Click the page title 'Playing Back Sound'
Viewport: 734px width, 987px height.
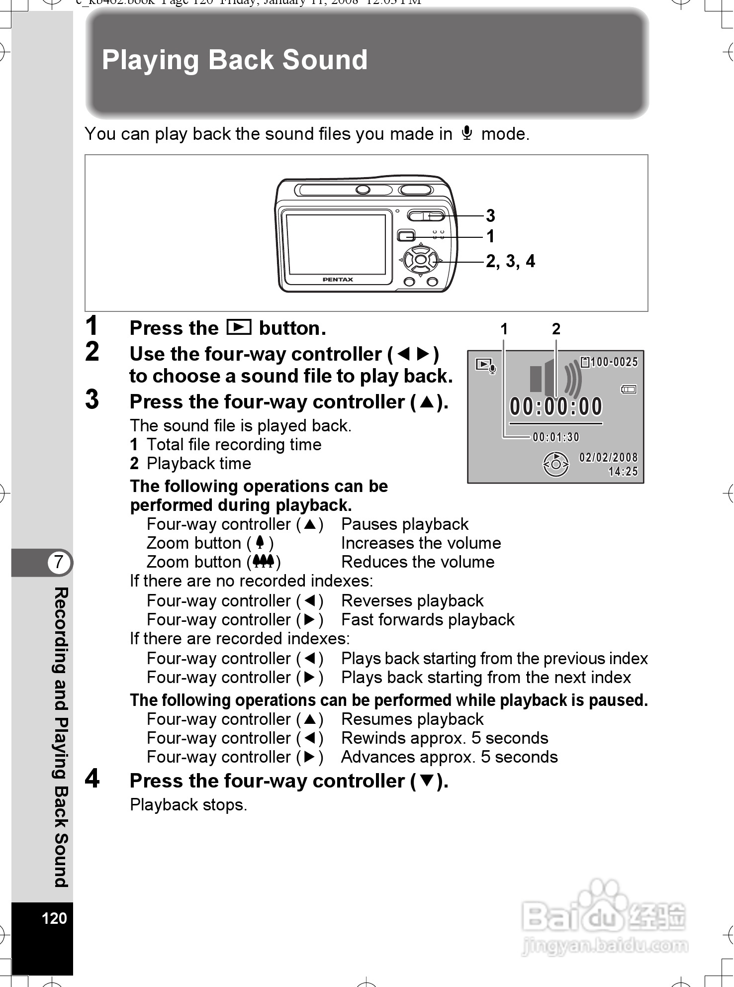point(234,60)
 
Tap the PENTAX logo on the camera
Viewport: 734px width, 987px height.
point(338,280)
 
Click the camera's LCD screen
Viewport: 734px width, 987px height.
point(336,243)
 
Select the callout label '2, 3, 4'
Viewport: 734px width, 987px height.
point(510,261)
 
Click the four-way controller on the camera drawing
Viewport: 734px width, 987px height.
point(420,259)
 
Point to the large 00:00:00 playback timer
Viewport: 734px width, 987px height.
point(556,406)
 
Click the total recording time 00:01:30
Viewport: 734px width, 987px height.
point(556,437)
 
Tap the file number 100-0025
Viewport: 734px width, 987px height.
point(614,362)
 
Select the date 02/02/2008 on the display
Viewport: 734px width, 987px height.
point(608,457)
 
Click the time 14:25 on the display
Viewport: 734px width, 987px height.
point(623,471)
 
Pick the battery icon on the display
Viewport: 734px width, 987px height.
point(629,389)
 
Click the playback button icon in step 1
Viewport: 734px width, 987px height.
point(239,327)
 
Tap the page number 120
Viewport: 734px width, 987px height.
point(54,918)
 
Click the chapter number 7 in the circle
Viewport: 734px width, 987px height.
point(59,562)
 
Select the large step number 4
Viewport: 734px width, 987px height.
point(92,779)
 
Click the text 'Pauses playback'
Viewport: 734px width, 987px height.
point(405,524)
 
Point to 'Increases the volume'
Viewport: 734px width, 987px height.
point(421,543)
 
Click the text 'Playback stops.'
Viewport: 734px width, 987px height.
point(188,804)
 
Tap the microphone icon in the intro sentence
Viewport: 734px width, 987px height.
point(466,133)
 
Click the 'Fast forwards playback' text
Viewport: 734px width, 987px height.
point(428,619)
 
